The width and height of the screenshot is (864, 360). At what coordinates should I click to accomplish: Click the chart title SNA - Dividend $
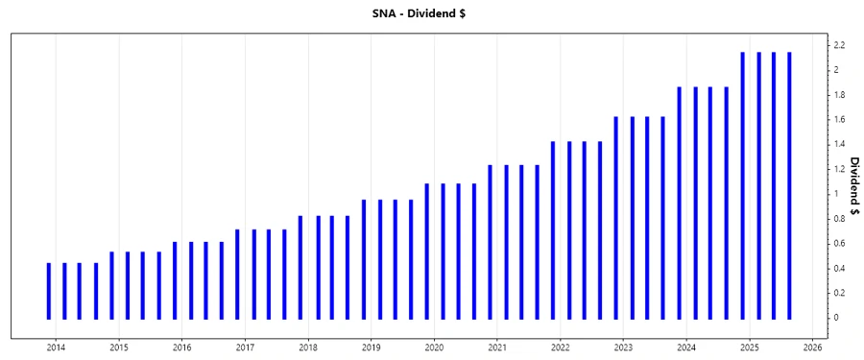432,14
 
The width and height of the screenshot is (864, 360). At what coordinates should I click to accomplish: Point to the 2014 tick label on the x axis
56,348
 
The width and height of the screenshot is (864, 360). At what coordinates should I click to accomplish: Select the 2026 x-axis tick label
812,348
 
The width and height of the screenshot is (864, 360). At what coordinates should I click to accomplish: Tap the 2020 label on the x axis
434,348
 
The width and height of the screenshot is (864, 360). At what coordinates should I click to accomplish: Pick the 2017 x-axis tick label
245,348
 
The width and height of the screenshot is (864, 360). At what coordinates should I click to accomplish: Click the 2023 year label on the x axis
623,348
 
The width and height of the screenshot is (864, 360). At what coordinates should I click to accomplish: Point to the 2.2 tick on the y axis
839,45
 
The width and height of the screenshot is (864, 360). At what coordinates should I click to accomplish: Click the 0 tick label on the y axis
836,318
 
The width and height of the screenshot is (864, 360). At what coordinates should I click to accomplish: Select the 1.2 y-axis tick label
839,169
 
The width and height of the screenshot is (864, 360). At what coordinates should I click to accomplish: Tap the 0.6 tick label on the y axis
839,243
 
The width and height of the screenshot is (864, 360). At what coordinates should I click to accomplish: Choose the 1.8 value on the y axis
839,95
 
